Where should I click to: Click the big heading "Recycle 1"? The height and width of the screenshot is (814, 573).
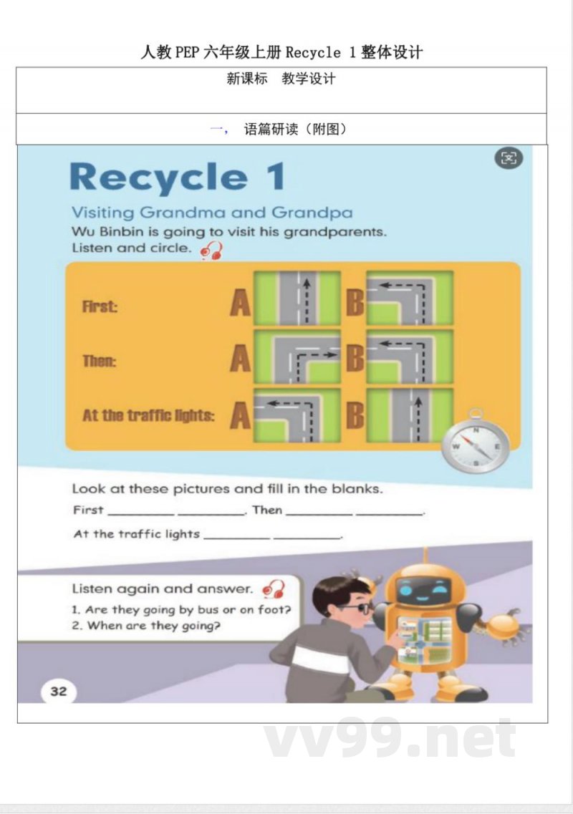tap(177, 177)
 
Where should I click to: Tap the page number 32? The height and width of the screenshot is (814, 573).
tap(59, 691)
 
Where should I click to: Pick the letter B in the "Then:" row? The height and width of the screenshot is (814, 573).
tap(355, 358)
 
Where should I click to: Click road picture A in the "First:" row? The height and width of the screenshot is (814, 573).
tap(297, 297)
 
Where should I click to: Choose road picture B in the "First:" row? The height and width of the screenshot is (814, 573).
tap(410, 297)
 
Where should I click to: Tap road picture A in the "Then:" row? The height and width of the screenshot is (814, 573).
tap(297, 356)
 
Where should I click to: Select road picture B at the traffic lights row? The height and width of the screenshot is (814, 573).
tap(410, 415)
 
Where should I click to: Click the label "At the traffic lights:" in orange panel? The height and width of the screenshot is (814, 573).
tap(148, 415)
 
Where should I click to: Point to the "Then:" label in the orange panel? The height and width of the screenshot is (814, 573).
tap(99, 360)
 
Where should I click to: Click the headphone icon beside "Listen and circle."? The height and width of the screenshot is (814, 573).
tap(211, 251)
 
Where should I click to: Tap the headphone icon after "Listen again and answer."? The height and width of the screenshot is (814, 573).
tap(274, 589)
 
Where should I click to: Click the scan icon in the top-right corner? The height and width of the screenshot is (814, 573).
tap(509, 158)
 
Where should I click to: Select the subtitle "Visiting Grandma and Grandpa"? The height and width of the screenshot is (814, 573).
tap(211, 213)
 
